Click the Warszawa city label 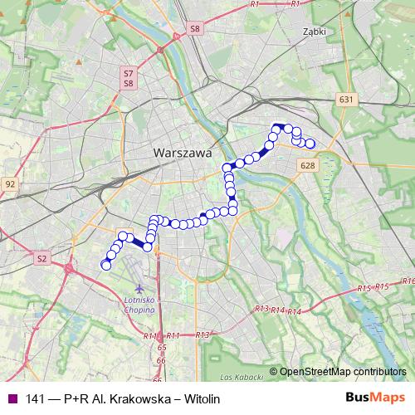tap(183, 154)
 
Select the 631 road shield tap(347, 100)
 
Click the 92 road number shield tap(10, 183)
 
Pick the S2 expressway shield tap(42, 259)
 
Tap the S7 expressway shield tap(129, 74)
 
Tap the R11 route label tap(150, 335)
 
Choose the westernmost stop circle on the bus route tap(105, 265)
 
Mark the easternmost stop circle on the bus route tap(310, 144)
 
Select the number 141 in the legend tap(36, 398)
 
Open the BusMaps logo tap(375, 398)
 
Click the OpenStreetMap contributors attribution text tap(343, 372)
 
